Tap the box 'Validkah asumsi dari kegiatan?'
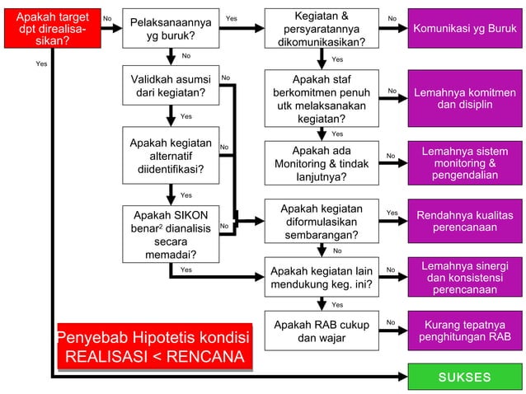[x=170, y=86]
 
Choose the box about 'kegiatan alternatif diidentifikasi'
[x=170, y=156]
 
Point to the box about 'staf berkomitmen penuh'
[x=321, y=98]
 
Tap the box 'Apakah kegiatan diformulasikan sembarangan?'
[x=321, y=222]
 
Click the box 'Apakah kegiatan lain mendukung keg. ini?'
[x=321, y=279]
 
